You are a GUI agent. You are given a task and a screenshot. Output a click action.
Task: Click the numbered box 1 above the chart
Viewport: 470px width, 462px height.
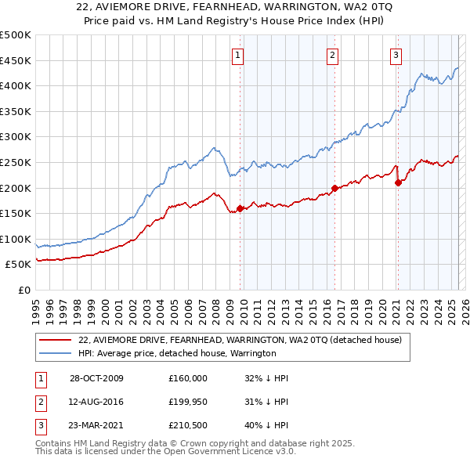click(237, 55)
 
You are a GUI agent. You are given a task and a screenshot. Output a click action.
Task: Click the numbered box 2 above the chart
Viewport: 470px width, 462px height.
click(332, 55)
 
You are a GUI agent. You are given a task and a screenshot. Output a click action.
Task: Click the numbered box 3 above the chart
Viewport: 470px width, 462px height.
click(396, 55)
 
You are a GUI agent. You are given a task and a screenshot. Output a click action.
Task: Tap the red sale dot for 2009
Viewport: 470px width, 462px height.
click(240, 208)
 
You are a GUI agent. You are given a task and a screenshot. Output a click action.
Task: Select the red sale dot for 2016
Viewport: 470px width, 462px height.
click(334, 188)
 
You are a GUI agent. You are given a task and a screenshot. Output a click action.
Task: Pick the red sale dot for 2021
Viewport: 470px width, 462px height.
click(398, 182)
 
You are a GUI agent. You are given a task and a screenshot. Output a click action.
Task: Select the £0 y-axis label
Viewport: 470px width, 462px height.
click(24, 290)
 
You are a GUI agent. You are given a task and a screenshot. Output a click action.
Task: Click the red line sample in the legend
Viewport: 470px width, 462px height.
click(56, 340)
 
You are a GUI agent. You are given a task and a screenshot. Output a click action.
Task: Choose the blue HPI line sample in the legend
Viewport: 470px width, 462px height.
click(56, 353)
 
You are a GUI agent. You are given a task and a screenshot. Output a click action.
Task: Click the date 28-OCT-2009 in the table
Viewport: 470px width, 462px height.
click(96, 377)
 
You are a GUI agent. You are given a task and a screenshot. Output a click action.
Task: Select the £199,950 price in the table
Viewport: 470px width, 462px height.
click(187, 402)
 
